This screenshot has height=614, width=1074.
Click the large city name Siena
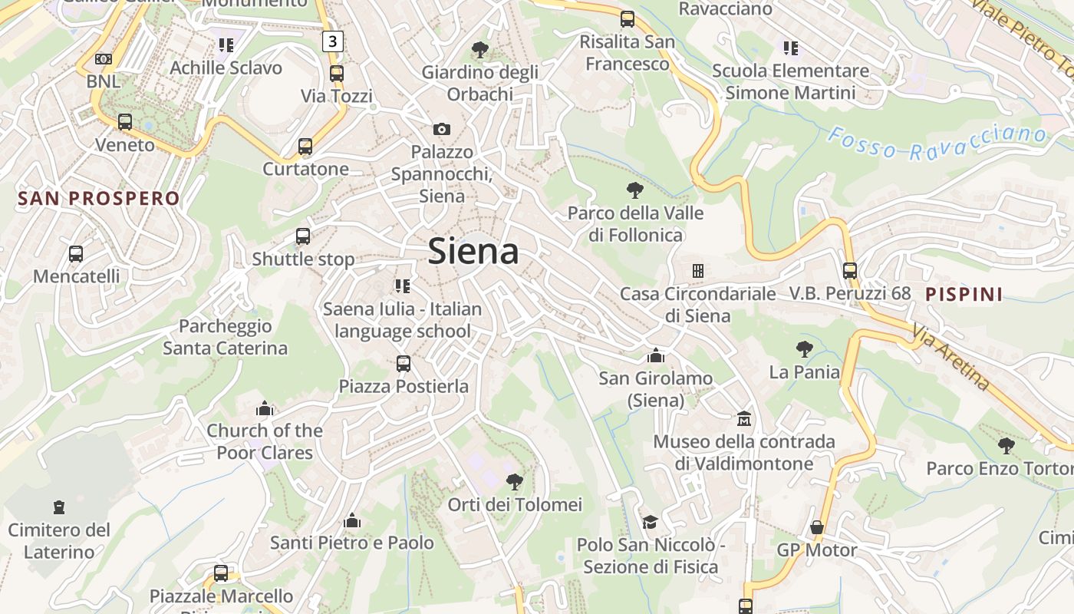(x=473, y=251)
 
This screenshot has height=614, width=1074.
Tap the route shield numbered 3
(x=331, y=41)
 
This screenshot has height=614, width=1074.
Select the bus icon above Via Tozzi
(x=336, y=74)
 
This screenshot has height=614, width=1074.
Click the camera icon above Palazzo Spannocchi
(x=442, y=129)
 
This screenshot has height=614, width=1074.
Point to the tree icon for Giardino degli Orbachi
(x=480, y=51)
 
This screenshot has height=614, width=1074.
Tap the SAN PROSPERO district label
(x=98, y=199)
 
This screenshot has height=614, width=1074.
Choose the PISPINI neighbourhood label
(x=964, y=294)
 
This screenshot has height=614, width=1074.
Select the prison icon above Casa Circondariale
(x=698, y=271)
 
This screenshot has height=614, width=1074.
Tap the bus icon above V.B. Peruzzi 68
(x=849, y=271)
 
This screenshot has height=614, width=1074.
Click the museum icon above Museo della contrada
(x=743, y=419)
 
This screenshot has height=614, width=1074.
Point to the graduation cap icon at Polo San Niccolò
(x=650, y=522)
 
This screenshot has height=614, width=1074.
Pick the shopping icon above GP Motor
(x=817, y=527)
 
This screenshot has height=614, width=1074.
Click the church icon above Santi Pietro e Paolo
(x=352, y=521)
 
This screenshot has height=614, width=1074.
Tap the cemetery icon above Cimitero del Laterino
(x=59, y=507)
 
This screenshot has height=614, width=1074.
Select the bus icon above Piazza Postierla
(x=404, y=364)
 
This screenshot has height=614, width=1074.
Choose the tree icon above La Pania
(x=804, y=350)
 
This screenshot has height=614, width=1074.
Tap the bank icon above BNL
(x=103, y=59)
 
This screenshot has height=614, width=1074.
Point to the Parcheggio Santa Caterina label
(x=225, y=337)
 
